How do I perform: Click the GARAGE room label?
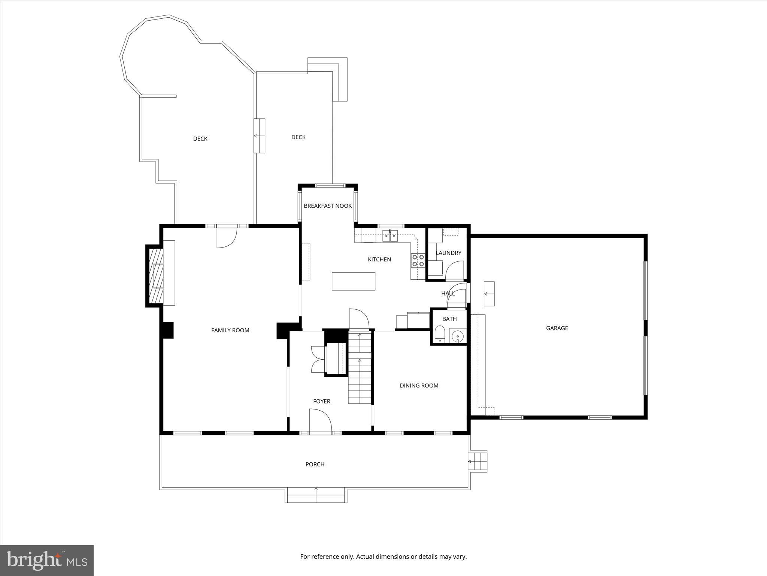pos(557,328)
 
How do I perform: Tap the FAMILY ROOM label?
pos(230,330)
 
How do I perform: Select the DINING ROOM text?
pos(419,385)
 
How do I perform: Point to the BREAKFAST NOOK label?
pos(328,206)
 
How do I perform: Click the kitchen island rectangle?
pos(353,281)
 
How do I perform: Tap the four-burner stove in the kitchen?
pos(418,261)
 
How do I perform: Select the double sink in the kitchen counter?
pos(390,236)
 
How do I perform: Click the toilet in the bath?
pos(439,334)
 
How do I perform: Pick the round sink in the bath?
pos(457,336)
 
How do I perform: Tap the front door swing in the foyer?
pos(320,421)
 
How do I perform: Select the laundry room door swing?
pos(455,270)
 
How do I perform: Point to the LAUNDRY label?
pos(448,253)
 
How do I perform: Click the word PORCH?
pos(315,464)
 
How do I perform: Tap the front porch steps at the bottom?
pos(316,495)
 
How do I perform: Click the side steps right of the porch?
pos(478,461)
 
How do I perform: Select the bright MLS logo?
pos(47,561)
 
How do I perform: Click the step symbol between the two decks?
pos(259,136)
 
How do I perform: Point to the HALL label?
pos(448,294)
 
